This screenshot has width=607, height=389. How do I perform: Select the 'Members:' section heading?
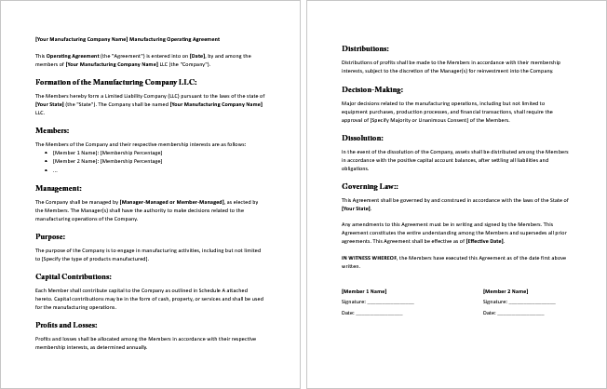point(52,130)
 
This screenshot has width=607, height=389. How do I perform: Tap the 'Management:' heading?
point(59,188)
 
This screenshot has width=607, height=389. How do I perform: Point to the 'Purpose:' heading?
point(50,236)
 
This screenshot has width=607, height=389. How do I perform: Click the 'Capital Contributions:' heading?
point(74,276)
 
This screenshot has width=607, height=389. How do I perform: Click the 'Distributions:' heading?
point(365,47)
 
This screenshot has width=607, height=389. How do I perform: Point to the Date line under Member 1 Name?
point(371,313)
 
